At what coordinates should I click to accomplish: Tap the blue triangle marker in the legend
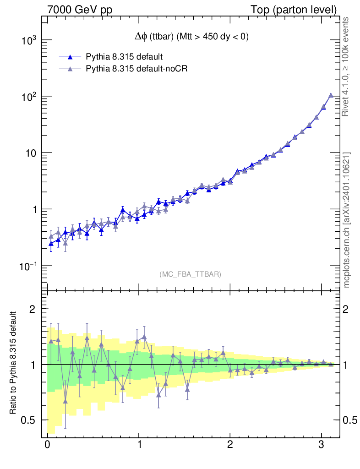coord(70,57)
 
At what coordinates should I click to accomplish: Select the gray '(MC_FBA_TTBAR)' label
coord(191,274)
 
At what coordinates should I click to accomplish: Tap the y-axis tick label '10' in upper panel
coord(31,153)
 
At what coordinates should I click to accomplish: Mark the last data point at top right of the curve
coord(331,95)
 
